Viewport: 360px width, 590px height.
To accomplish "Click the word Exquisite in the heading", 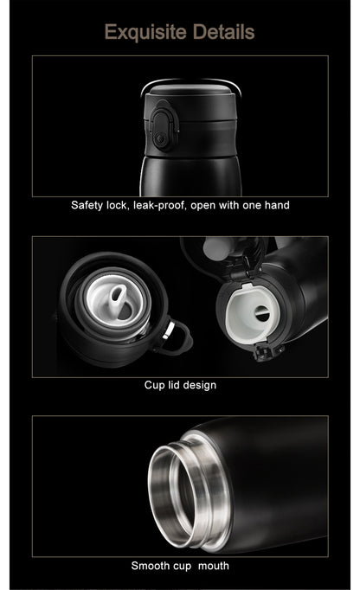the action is (x=146, y=32).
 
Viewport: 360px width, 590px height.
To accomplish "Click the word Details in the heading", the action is (x=223, y=32).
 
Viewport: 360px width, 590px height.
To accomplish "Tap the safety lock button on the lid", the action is (x=163, y=130).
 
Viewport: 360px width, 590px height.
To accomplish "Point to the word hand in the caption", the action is (x=277, y=205).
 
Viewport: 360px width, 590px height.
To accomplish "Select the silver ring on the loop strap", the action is (x=169, y=330).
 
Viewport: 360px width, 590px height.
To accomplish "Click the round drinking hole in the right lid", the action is (x=262, y=313).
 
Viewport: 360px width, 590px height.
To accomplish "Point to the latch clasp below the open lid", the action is (x=266, y=352).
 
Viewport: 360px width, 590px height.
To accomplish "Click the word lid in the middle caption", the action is (x=173, y=385).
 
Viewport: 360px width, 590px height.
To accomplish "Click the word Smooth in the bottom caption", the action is (x=145, y=566).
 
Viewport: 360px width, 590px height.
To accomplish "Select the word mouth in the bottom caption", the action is (x=214, y=566).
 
